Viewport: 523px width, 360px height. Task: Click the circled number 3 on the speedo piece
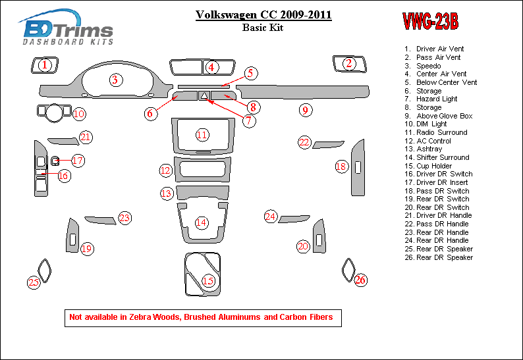(115, 80)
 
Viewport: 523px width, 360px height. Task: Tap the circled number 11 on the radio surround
(202, 135)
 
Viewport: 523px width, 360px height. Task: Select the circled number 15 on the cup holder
(208, 282)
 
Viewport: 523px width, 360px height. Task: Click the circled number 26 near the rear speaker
(360, 280)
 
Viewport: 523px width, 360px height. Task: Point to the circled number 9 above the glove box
(305, 110)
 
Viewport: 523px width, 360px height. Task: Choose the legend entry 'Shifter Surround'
(442, 157)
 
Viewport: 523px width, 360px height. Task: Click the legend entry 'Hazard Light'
(437, 99)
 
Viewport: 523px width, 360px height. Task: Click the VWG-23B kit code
(429, 22)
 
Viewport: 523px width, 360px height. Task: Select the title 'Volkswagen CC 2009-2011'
(263, 14)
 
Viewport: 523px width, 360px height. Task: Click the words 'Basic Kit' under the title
(263, 28)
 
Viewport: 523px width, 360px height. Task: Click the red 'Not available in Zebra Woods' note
(201, 317)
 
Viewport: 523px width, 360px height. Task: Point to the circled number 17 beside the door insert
(77, 161)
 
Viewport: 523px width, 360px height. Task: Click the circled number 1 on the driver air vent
(44, 64)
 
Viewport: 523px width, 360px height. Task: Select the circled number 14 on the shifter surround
(201, 222)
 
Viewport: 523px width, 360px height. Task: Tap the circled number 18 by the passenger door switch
(341, 167)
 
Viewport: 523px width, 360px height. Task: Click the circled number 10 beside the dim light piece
(79, 114)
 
